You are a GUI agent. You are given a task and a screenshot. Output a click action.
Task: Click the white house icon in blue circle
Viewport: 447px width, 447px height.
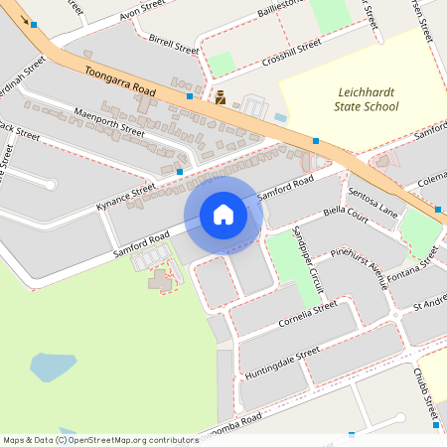[223, 214]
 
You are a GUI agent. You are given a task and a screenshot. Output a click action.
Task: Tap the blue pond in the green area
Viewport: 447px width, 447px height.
[52, 369]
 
